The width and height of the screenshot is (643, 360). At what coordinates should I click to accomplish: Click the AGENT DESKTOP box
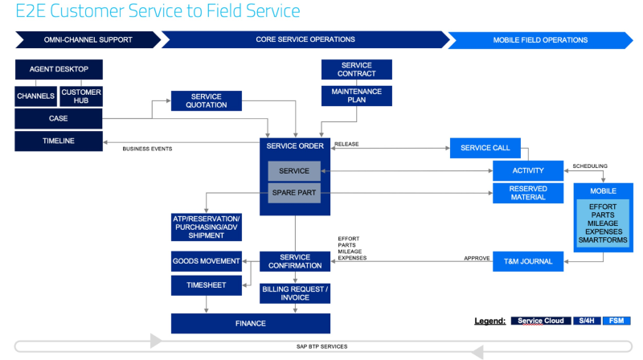click(x=59, y=69)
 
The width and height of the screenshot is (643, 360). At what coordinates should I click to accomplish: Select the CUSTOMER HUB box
click(x=81, y=96)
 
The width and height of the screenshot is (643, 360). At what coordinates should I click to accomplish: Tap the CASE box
click(x=59, y=119)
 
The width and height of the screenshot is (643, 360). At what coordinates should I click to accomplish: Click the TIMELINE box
click(x=59, y=141)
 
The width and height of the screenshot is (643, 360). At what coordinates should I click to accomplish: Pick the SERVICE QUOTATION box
click(x=206, y=100)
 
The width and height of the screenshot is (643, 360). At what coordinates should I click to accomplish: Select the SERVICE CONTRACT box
click(x=357, y=69)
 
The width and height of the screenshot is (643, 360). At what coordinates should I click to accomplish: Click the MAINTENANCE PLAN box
click(x=357, y=96)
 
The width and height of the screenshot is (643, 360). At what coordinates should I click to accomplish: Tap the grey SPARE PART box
click(x=294, y=193)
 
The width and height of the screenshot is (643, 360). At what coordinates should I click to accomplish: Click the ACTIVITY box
click(x=528, y=170)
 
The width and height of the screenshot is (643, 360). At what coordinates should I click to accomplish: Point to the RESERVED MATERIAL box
click(x=528, y=193)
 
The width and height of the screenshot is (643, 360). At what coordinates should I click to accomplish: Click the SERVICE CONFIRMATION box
click(x=295, y=261)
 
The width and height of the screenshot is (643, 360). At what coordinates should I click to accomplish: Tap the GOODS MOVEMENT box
click(x=207, y=261)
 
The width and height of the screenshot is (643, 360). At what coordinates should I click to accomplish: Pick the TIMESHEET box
click(x=207, y=284)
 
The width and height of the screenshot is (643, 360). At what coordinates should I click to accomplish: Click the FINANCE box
click(x=250, y=323)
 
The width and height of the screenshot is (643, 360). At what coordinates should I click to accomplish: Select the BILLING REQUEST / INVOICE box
click(x=295, y=293)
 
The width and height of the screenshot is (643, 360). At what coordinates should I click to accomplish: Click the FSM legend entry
click(x=616, y=321)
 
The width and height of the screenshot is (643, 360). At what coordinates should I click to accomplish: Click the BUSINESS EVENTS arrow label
click(x=147, y=149)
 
